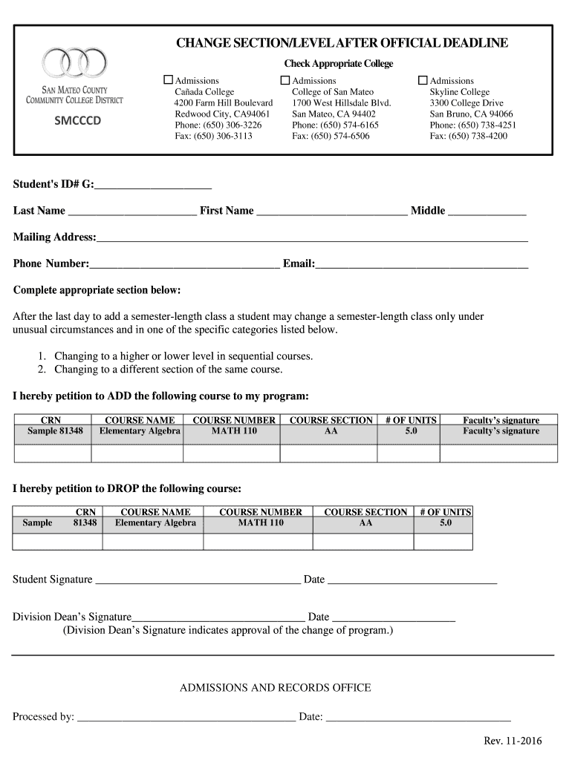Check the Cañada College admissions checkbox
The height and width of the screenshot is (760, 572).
(x=168, y=79)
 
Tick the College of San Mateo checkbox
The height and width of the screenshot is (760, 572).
(x=285, y=79)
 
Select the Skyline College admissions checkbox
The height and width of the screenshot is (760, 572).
(x=423, y=79)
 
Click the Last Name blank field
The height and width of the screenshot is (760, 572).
(x=132, y=211)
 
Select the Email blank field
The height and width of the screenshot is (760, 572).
(x=422, y=263)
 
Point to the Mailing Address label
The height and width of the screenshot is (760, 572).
(x=54, y=237)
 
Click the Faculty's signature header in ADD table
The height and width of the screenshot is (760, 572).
(x=501, y=420)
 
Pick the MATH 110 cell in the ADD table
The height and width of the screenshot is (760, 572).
(x=234, y=431)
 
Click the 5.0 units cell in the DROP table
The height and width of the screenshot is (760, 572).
(x=445, y=523)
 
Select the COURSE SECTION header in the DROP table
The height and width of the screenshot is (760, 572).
(x=365, y=512)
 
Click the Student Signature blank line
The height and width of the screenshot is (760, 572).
(x=198, y=580)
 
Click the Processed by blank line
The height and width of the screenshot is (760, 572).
(x=186, y=717)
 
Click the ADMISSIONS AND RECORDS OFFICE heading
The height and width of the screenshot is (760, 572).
(x=275, y=688)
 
